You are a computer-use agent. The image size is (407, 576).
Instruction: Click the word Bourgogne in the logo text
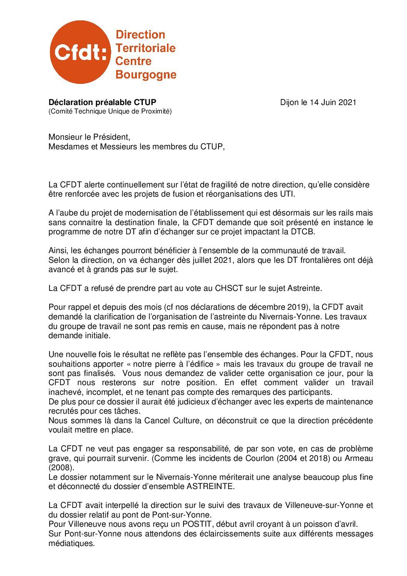click(x=146, y=74)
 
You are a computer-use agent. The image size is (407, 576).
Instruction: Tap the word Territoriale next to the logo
click(x=145, y=48)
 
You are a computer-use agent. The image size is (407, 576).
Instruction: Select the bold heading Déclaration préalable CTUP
click(x=102, y=102)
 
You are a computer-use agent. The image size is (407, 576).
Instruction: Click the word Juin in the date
click(x=329, y=102)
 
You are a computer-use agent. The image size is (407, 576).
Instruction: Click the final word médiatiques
click(x=71, y=543)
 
